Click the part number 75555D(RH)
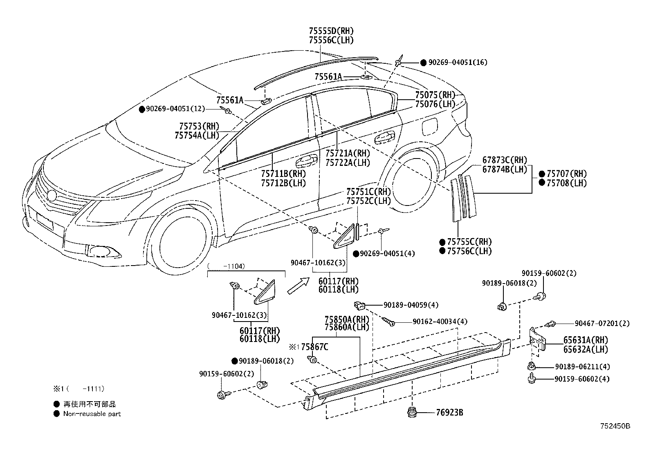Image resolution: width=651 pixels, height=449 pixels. (331, 31)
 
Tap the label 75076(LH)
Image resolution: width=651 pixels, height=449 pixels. (435, 104)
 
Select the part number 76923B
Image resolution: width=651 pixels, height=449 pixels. (449, 412)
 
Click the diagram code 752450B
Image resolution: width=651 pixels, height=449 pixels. (615, 426)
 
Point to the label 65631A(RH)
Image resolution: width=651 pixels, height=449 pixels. (586, 340)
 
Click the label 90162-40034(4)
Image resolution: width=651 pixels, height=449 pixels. (440, 322)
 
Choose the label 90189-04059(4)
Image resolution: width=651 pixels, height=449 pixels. (411, 305)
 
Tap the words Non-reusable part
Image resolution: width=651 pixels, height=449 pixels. (92, 414)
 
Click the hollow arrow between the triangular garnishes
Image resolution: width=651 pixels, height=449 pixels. (299, 286)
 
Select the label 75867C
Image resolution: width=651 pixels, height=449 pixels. (315, 347)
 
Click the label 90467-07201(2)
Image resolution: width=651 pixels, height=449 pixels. (602, 323)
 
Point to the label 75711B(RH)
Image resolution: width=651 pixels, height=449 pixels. (283, 174)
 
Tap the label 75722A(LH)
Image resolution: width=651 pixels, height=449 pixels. (348, 163)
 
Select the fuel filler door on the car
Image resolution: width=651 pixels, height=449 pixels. (429, 126)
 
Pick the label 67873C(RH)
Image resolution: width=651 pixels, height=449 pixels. (505, 160)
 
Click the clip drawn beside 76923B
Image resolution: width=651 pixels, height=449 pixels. (412, 412)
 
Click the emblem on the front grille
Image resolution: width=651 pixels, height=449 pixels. (52, 195)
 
